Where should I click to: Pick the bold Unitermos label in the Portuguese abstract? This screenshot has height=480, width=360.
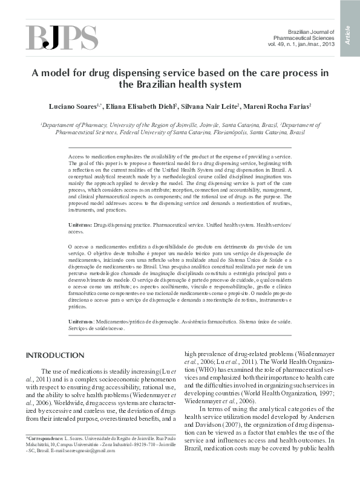click(x=81, y=323)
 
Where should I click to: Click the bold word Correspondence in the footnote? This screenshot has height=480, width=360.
click(x=45, y=436)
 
